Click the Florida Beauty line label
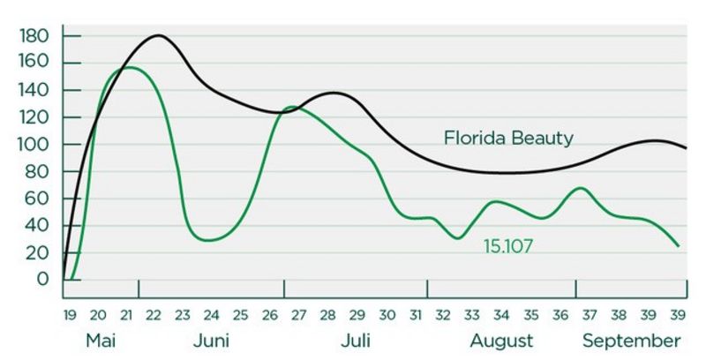(x=508, y=139)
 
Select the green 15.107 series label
(x=508, y=246)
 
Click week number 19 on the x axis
(x=70, y=315)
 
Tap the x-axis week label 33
(x=472, y=315)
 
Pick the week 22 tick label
(x=154, y=315)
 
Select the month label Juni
(x=211, y=341)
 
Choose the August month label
(x=501, y=341)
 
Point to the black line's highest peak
(x=158, y=35)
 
